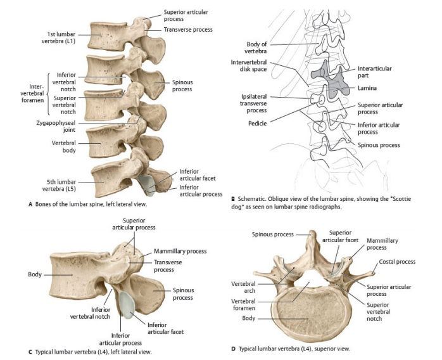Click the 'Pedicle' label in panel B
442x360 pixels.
pos(257,122)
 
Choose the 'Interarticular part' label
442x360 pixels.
pos(374,72)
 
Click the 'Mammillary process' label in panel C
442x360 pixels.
pos(180,251)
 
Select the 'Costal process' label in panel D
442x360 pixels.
pos(397,262)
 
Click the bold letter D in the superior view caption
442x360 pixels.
pos(233,348)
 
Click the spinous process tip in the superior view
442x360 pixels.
pos(310,235)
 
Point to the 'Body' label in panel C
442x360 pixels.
pos(35,274)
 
